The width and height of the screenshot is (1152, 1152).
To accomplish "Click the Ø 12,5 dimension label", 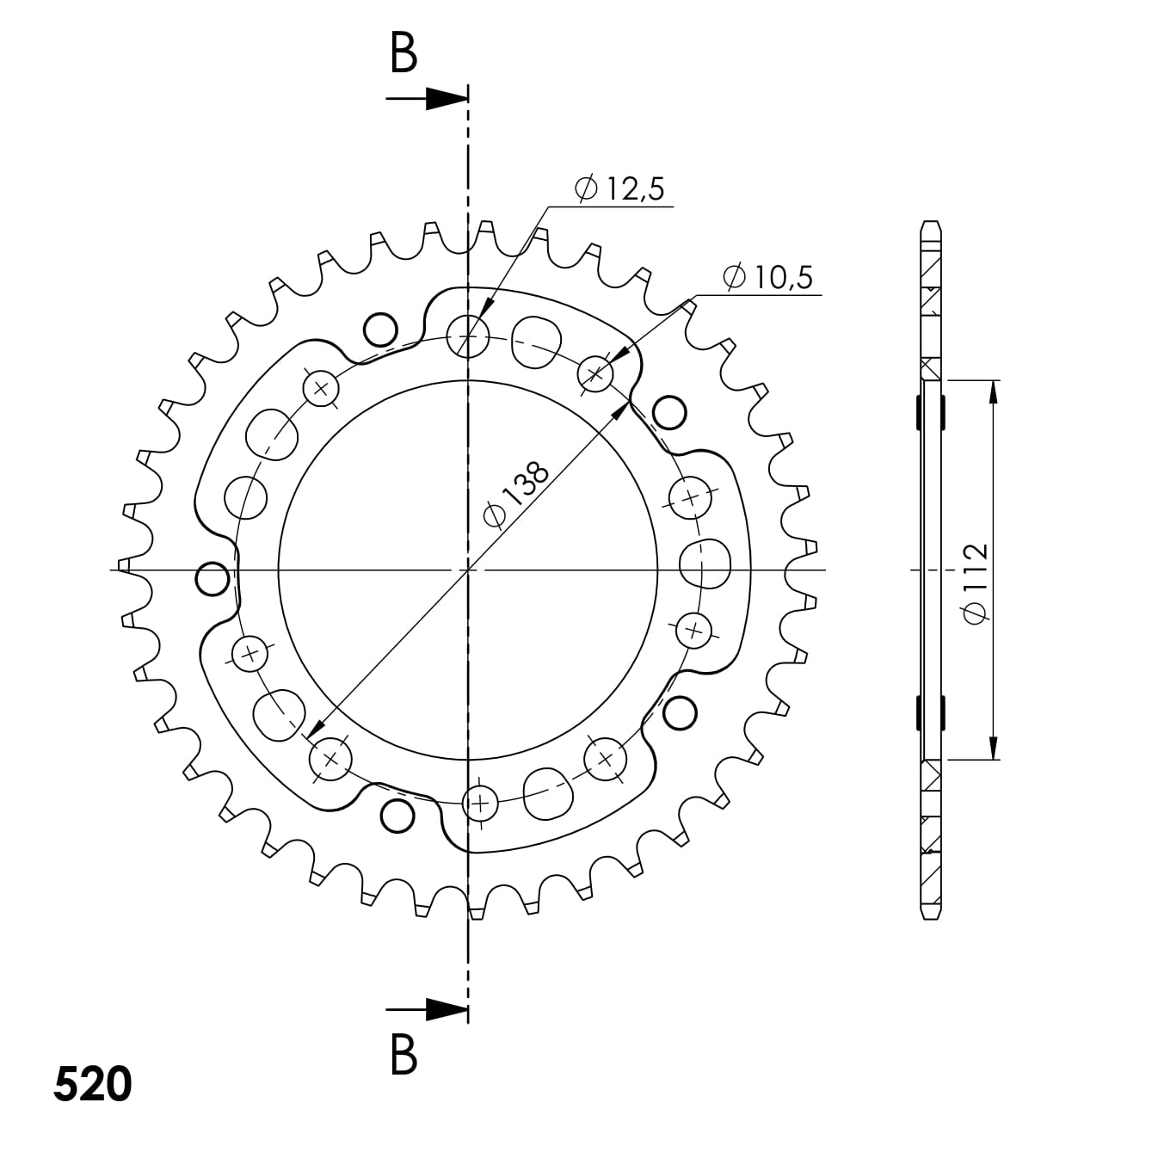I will coord(621,189).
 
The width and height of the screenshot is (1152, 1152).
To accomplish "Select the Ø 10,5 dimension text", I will coord(768,277).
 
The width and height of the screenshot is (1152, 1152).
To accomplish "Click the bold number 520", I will coord(93,1085).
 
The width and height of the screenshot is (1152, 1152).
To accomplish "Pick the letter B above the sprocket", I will coord(404,53).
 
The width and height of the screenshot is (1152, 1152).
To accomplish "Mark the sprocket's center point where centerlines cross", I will coord(467,570).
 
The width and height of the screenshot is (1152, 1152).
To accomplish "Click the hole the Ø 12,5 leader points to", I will coord(468,334).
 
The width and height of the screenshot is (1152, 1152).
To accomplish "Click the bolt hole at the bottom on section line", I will coord(480,804).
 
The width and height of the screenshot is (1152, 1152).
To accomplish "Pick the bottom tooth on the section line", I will coord(474,911).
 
